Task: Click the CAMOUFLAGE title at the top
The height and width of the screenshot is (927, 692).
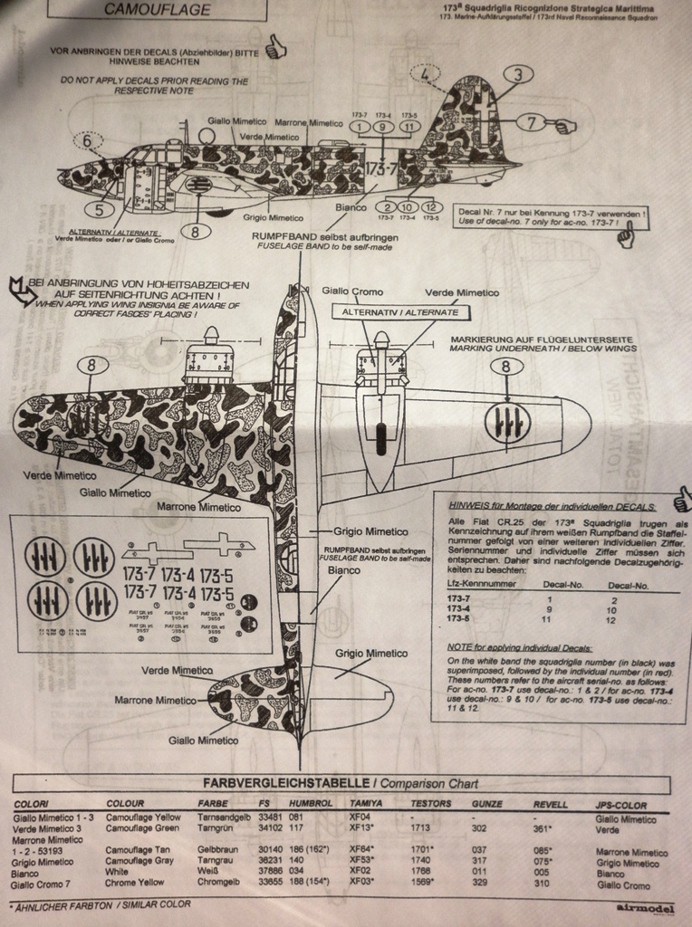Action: [157, 10]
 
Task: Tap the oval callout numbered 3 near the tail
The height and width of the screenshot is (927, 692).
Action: [517, 74]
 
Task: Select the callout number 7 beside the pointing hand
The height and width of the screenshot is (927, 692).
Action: [531, 121]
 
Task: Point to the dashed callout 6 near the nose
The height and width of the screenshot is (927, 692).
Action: [88, 140]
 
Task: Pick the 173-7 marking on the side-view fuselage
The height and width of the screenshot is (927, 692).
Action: [381, 169]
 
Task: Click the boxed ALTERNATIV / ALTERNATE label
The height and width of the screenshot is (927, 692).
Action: [401, 311]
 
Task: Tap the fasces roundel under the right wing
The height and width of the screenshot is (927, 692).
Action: [506, 424]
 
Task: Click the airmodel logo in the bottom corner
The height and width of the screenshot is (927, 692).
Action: [642, 907]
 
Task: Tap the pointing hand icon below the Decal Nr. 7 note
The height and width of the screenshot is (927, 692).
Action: [625, 237]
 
